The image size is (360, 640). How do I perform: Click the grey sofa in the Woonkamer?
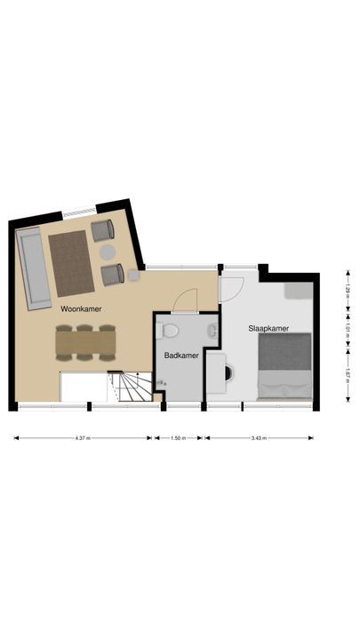[x=34, y=268]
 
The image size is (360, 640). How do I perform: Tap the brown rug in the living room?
[x=71, y=262]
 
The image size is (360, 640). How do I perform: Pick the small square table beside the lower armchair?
[x=134, y=275]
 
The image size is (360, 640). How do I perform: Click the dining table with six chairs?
[x=85, y=340]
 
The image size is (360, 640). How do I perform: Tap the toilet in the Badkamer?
[x=168, y=331]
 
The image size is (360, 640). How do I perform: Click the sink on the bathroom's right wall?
[x=212, y=332]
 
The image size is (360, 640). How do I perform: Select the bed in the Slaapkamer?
[x=284, y=366]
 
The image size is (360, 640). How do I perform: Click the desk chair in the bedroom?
[x=228, y=371]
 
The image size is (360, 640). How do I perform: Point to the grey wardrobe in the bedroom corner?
[x=297, y=291]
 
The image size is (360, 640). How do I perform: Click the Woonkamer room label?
[x=81, y=309]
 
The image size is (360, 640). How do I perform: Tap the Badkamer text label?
[x=180, y=356]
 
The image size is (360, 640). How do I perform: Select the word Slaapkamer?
[x=268, y=328]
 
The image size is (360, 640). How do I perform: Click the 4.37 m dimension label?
[x=83, y=438]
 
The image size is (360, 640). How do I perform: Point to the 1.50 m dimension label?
[x=180, y=438]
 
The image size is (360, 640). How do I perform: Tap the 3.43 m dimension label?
[x=260, y=438]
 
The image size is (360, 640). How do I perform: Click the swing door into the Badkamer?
[x=185, y=301]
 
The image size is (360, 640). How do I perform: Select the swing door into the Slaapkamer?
[x=230, y=288]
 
